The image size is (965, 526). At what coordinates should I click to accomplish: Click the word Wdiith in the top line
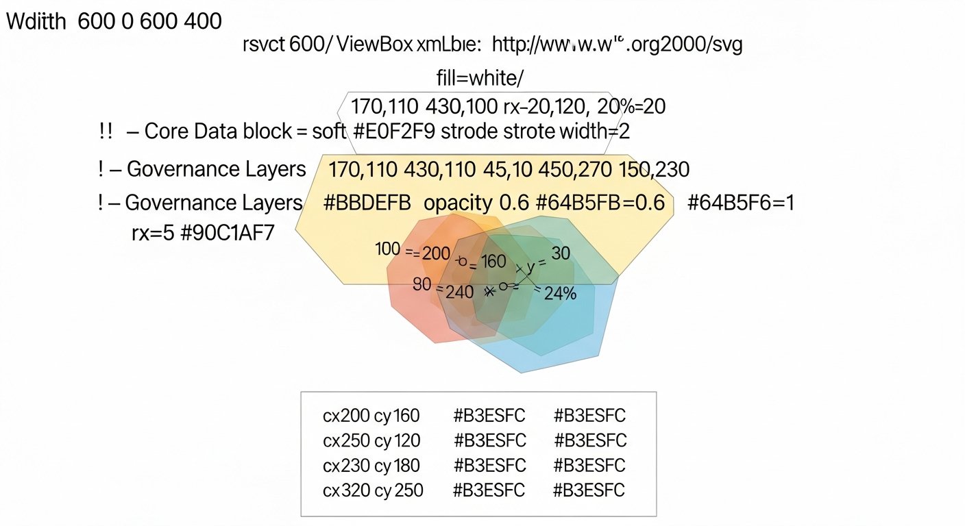pyautogui.click(x=36, y=21)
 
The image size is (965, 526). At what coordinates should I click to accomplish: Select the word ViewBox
pyautogui.click(x=374, y=46)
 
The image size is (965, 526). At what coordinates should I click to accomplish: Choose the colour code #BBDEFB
pyautogui.click(x=367, y=203)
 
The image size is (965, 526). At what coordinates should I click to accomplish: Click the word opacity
pyautogui.click(x=457, y=203)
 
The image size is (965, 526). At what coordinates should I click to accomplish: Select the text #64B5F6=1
pyautogui.click(x=740, y=203)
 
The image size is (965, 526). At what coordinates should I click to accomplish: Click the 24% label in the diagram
pyautogui.click(x=560, y=293)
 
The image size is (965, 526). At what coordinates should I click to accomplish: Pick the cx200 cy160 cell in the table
pyautogui.click(x=371, y=416)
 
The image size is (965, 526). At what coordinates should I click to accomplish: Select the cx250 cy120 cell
pyautogui.click(x=371, y=440)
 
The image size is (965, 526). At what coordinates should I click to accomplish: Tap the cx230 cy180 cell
pyautogui.click(x=371, y=466)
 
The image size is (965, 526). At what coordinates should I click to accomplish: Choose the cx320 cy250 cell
pyautogui.click(x=373, y=490)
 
